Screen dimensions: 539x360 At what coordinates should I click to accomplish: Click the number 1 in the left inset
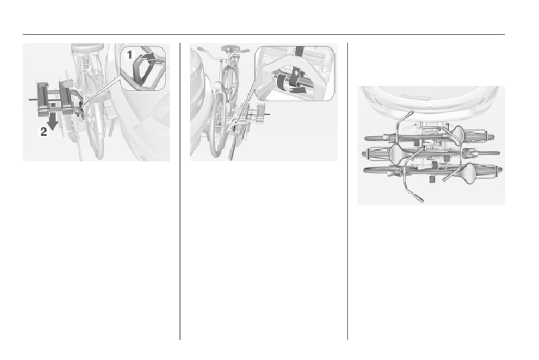point(129,55)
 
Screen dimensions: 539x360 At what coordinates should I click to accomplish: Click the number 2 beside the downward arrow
point(43,131)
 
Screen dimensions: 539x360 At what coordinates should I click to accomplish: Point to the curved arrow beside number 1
point(149,57)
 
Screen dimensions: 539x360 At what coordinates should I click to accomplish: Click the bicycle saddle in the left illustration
point(87,47)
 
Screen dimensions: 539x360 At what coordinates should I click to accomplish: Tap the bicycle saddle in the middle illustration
point(228,48)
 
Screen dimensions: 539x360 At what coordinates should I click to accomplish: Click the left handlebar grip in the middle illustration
point(200,49)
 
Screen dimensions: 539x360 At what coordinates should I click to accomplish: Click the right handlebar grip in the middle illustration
point(245,51)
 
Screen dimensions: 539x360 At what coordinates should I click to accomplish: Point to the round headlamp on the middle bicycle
point(217,85)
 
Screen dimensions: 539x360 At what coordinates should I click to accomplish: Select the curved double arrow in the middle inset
point(290,86)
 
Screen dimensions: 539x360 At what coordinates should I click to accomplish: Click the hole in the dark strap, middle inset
point(296,74)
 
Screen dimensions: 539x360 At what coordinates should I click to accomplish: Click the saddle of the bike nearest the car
point(458,133)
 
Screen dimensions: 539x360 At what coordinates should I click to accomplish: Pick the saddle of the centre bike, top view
point(399,152)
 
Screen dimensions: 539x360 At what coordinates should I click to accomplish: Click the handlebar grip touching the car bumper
point(410,113)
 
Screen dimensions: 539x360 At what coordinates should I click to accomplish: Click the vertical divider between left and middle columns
point(180,191)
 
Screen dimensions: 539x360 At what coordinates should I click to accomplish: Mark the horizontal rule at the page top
point(263,35)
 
